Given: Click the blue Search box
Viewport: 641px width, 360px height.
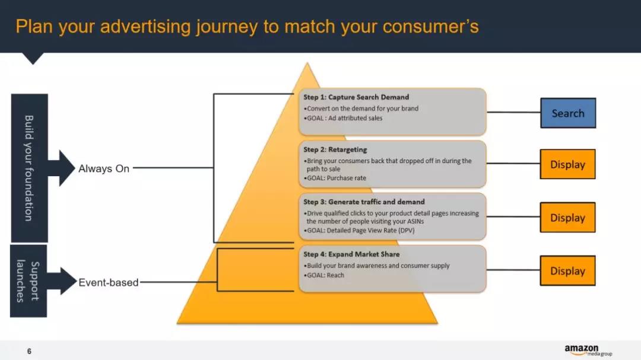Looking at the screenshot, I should coord(567,113).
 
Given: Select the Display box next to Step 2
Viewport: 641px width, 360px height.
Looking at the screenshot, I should coord(567,165).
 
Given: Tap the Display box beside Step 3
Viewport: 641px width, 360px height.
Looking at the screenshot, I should coord(567,218).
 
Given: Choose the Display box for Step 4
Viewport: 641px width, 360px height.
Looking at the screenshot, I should coord(567,271).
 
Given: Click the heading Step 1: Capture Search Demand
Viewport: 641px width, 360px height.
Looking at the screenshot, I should coord(356,97).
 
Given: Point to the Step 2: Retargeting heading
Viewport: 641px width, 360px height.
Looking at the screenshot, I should coord(335,149).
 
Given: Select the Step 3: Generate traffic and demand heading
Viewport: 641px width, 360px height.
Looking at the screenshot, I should coord(364,202).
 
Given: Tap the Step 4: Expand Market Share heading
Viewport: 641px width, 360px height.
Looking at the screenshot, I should coord(351,254).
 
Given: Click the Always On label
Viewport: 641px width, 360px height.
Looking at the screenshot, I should coord(104,169).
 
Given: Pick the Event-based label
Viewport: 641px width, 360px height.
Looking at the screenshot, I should coord(109,283).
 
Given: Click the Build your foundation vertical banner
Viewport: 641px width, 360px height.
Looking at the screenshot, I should coord(29,168).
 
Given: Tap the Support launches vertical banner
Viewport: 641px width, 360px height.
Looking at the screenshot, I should coord(28,281).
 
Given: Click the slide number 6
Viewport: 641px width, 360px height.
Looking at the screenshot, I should coord(29,352).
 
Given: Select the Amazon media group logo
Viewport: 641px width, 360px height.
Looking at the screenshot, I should coord(588,351).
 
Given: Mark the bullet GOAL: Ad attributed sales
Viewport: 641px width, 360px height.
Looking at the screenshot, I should coord(344,118).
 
